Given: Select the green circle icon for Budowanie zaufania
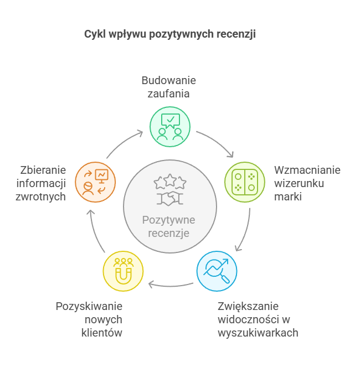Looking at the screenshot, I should coord(171,127).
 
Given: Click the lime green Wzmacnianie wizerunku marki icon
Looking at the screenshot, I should coord(245,182).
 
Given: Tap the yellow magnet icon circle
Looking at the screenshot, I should coord(123,271).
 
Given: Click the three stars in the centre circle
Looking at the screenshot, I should coord(170,180).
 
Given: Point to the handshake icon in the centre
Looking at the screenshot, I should coord(170,198).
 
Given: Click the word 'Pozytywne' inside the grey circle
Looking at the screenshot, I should coord(169,220).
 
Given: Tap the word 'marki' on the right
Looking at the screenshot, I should coord(287,196).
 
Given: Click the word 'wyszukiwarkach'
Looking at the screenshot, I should coord(258,333).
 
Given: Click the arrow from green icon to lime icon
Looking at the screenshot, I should coord(217,142).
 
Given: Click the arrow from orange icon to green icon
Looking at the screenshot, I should coord(124,142).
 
